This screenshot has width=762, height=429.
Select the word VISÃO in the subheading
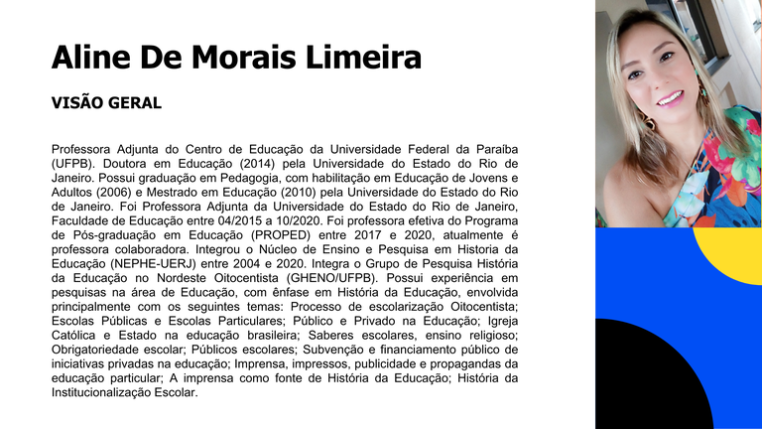click(76, 103)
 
